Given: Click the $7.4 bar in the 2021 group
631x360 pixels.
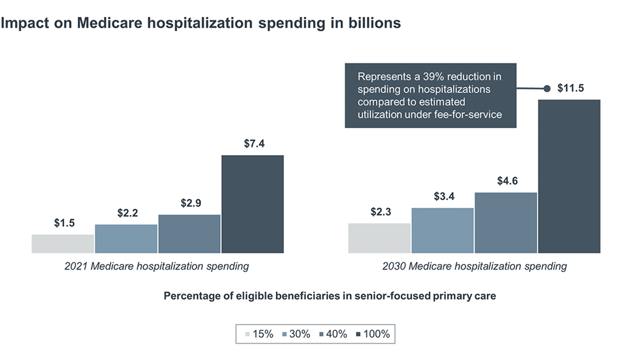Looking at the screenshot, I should [252, 204].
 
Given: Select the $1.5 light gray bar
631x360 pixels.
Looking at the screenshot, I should [63, 244].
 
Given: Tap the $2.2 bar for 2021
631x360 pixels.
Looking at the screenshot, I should [126, 239].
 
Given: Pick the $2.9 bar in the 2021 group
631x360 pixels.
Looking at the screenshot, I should [189, 234].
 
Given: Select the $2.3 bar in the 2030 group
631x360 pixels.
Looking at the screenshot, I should [379, 238].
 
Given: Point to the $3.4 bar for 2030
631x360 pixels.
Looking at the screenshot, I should [443, 230].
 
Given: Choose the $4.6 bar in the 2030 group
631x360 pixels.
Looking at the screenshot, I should [506, 223].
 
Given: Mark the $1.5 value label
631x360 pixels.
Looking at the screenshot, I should [64, 223].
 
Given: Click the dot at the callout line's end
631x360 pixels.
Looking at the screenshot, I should [547, 89].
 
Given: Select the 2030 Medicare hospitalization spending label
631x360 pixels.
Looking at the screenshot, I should [474, 266].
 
